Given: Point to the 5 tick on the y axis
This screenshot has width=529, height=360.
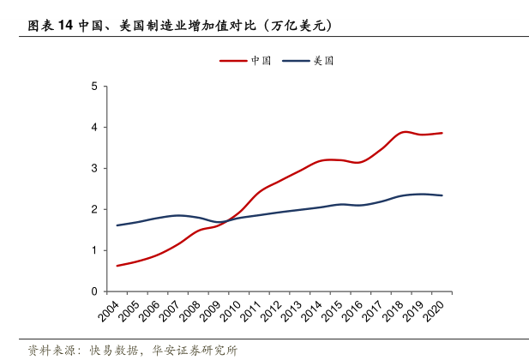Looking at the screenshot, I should click(93, 86).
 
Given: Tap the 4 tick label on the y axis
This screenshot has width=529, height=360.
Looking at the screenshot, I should click(93, 127).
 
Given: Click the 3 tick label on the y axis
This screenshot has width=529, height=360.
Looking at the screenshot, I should click(93, 168).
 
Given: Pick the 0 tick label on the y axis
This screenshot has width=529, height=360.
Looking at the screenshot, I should click(93, 291).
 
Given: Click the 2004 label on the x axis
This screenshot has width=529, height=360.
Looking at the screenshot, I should click(109, 310).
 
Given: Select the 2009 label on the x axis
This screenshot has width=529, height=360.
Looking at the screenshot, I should click(209, 310).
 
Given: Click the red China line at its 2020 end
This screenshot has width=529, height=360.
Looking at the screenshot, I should click(442, 133).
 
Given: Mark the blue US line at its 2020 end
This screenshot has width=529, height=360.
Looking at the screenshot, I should click(442, 195).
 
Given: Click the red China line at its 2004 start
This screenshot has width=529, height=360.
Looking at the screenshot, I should click(117, 266).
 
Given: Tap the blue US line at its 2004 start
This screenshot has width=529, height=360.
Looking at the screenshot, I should click(117, 225).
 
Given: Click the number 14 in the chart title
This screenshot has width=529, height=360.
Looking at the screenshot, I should click(65, 26).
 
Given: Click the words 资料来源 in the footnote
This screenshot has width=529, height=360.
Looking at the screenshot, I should click(50, 350).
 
